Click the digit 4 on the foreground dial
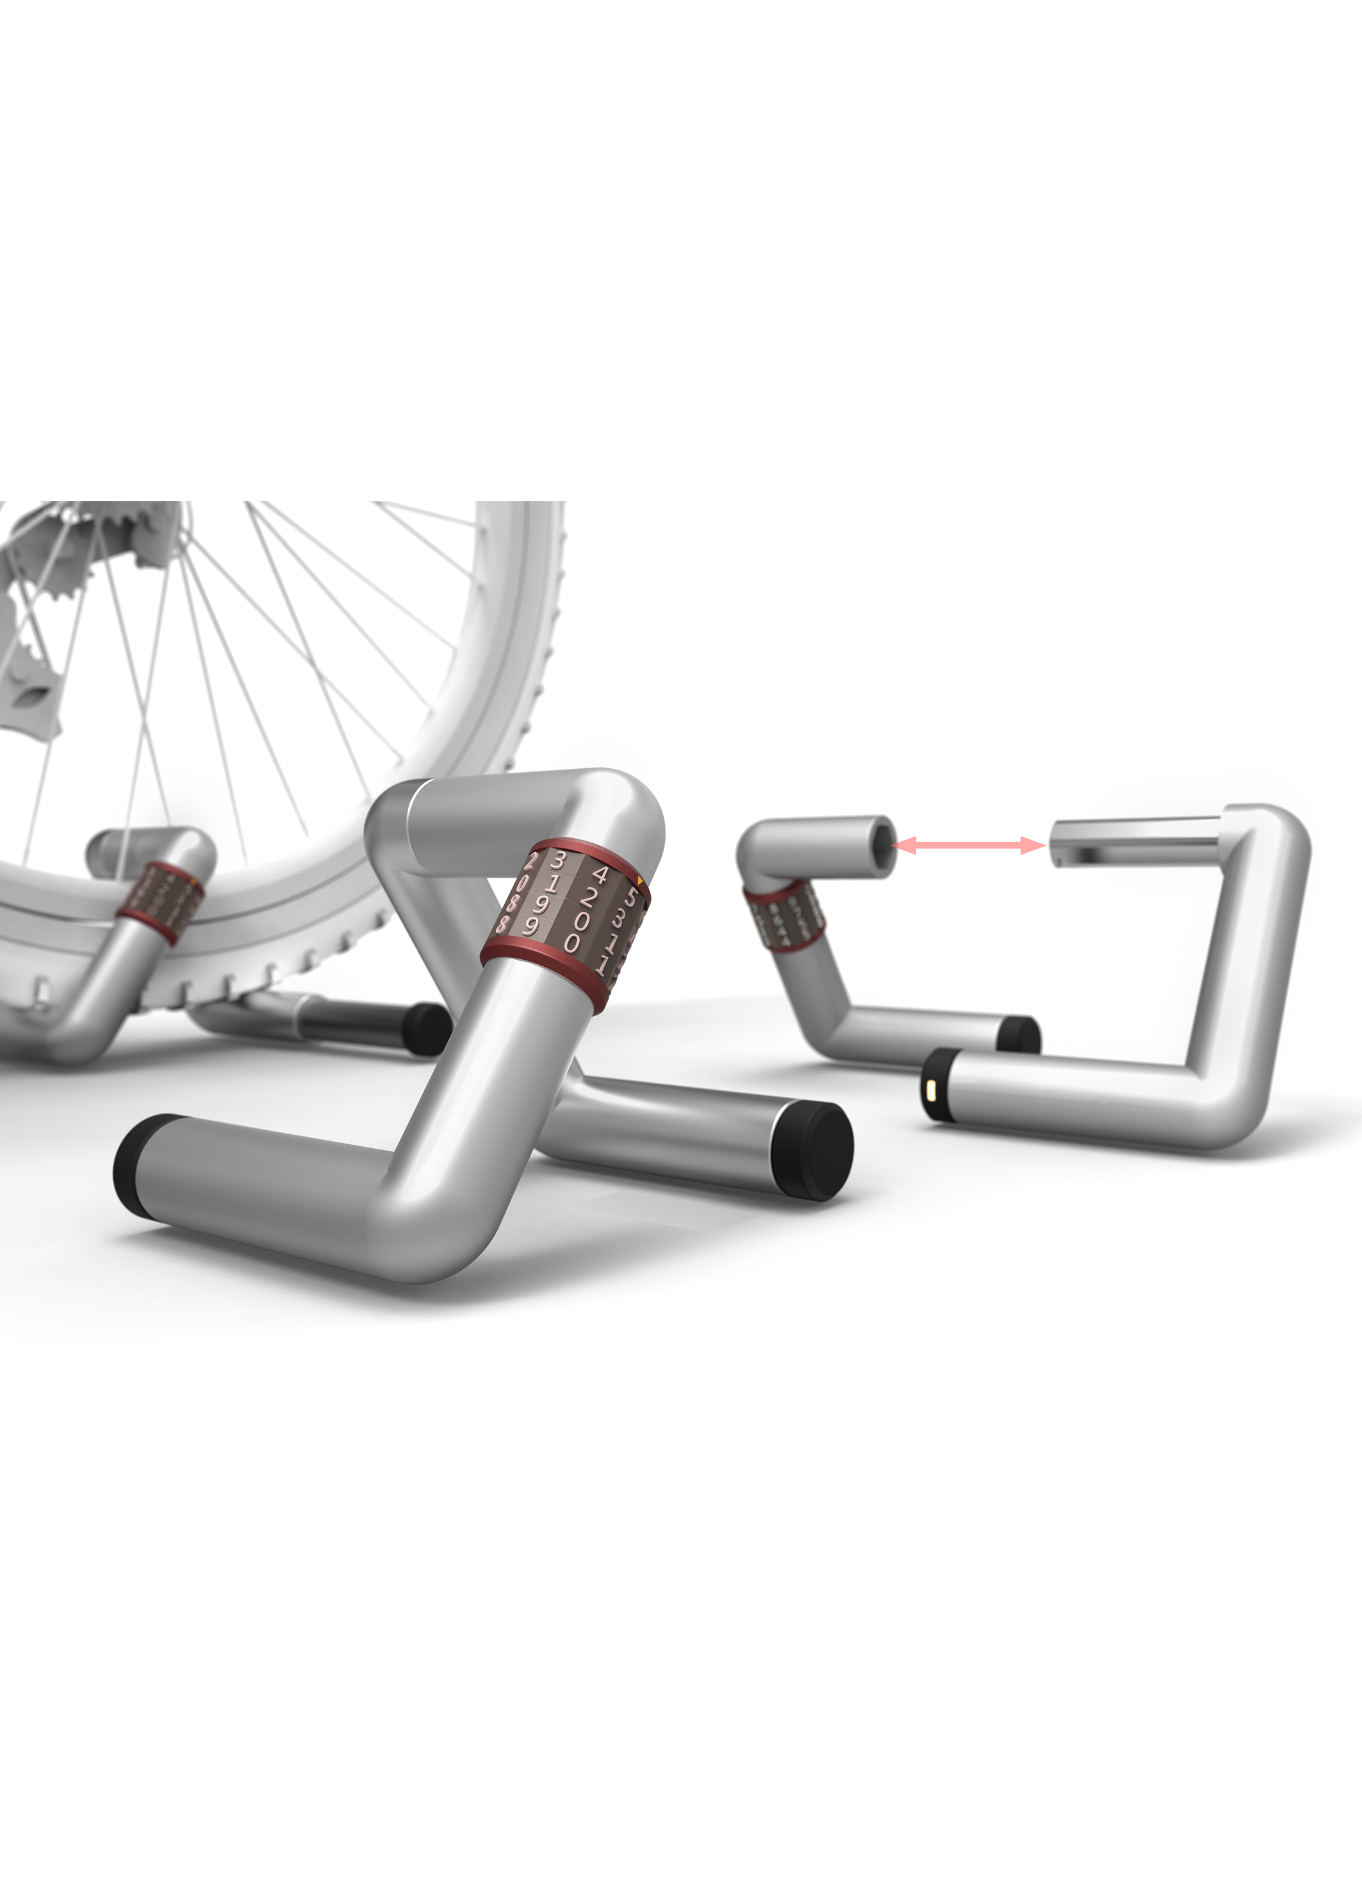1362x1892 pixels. (x=600, y=875)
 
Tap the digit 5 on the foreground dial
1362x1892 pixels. (x=632, y=897)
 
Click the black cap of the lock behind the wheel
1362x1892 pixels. (x=425, y=1028)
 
